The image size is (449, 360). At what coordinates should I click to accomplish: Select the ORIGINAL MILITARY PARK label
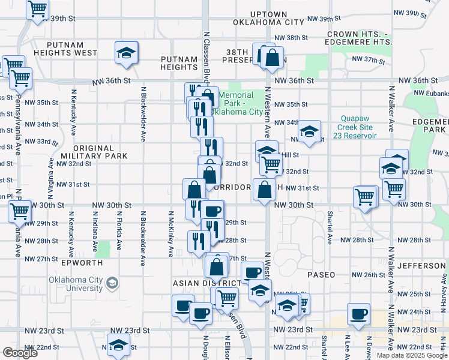pyautogui.click(x=101, y=152)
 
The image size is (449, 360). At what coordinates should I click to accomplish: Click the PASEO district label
pyautogui.click(x=321, y=274)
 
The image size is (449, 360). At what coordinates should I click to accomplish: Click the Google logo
pyautogui.click(x=20, y=353)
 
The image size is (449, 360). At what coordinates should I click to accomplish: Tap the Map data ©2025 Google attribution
pyautogui.click(x=411, y=355)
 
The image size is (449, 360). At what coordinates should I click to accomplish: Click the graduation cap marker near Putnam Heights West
pyautogui.click(x=127, y=53)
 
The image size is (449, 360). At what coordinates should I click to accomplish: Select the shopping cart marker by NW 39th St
pyautogui.click(x=38, y=9)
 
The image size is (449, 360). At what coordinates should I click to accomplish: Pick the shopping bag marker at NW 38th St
pyautogui.click(x=272, y=58)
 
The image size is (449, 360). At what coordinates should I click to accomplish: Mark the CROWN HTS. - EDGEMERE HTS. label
pyautogui.click(x=358, y=38)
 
